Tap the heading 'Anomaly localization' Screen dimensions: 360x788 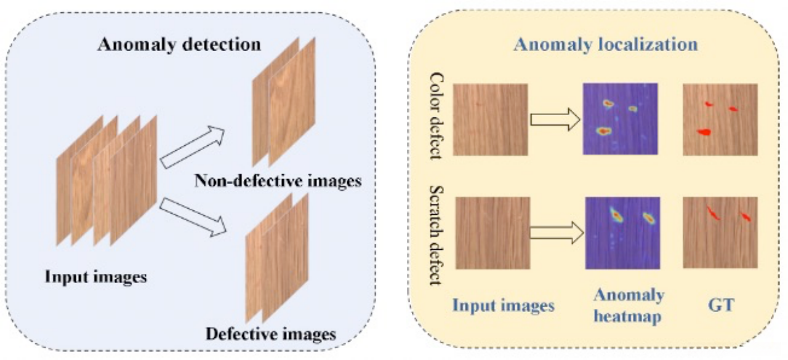[606, 45]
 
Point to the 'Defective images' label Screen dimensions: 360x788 [271, 334]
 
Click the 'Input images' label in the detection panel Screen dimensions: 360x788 [95, 276]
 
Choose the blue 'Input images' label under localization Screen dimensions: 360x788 [504, 305]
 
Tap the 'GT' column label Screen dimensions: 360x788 [720, 305]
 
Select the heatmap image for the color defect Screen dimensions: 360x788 [621, 118]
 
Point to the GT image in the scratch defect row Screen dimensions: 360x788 [720, 232]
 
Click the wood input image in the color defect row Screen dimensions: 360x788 [490, 119]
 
